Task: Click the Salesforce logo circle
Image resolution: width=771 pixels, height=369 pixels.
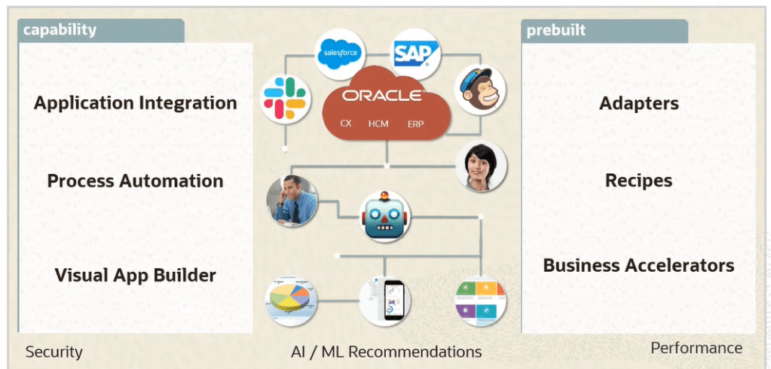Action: point(340,53)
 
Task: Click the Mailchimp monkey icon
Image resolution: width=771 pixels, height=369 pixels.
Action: point(480,90)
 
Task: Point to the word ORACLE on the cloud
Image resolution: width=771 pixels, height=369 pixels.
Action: point(382,96)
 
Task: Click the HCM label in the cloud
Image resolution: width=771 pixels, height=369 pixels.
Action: point(378,123)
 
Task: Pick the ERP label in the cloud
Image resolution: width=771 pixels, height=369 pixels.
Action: point(416,123)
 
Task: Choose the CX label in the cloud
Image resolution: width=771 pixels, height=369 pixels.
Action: point(346,123)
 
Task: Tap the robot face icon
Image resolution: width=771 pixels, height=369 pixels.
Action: point(385,215)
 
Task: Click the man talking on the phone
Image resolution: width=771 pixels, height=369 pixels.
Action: point(292,201)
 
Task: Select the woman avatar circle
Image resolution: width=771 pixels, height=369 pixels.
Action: point(481,166)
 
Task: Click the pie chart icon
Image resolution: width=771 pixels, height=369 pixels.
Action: point(292,301)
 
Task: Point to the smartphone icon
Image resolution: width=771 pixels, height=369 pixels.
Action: point(385,301)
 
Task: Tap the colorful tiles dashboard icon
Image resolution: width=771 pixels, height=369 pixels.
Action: point(481,302)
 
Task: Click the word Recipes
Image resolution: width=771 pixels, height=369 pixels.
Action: point(638,181)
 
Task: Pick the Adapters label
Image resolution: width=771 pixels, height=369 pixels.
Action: point(638,103)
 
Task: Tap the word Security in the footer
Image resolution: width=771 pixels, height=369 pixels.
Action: point(54,352)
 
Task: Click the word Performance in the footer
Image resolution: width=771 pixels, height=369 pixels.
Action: point(696,348)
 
